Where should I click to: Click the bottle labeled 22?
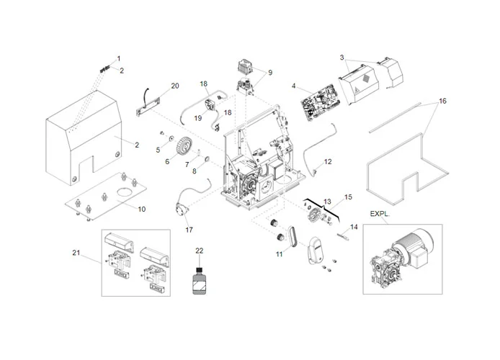(197, 279)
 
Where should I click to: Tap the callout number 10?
(141, 209)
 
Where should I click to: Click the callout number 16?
(442, 101)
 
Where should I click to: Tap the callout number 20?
(175, 86)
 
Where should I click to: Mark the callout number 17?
(189, 230)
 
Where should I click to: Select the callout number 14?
(353, 227)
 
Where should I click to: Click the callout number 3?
(341, 57)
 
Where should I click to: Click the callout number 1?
(119, 58)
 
